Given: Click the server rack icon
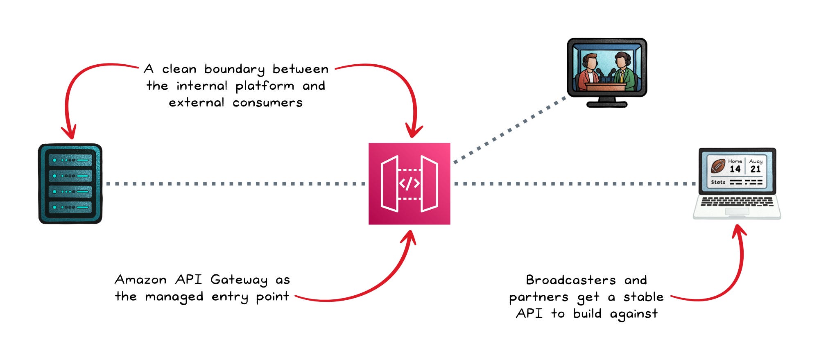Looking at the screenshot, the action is (x=70, y=183).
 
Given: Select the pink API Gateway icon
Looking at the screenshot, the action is (x=409, y=183).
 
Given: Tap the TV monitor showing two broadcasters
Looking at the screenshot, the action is (x=607, y=72).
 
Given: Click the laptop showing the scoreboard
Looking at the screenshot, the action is (x=737, y=183).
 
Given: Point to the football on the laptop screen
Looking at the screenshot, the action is (x=718, y=166).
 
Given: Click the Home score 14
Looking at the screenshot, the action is (x=735, y=169).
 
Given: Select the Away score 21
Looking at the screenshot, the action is (x=756, y=169).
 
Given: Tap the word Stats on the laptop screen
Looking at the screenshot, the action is (x=718, y=182).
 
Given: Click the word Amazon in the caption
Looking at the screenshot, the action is (x=140, y=280).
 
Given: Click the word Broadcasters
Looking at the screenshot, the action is (x=571, y=280).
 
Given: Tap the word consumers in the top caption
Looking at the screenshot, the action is (x=267, y=103).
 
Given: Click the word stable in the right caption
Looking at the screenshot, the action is (x=643, y=297).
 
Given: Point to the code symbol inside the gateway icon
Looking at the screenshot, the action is (x=409, y=184).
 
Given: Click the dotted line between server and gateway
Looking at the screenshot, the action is (x=235, y=184).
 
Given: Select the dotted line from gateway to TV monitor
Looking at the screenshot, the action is (x=510, y=130).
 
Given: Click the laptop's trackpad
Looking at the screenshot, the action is (x=737, y=211).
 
